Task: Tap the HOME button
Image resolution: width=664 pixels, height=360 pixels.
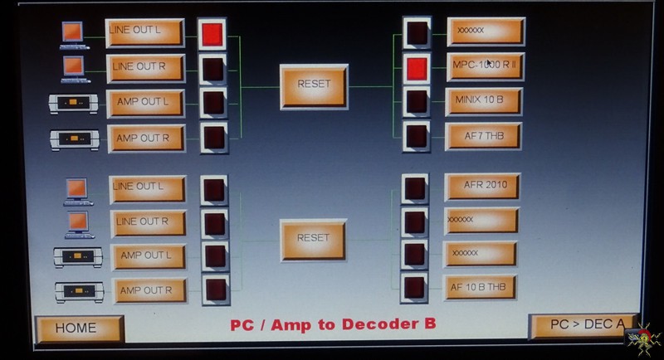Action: (x=79, y=328)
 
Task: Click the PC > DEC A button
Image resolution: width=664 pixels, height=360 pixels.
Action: (x=583, y=325)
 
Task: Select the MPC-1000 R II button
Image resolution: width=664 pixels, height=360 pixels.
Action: (x=486, y=66)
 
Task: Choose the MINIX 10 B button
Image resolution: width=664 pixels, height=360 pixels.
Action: (x=484, y=101)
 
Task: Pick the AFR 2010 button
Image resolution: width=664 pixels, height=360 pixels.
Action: (x=482, y=186)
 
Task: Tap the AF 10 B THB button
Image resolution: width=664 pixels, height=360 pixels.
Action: (x=480, y=288)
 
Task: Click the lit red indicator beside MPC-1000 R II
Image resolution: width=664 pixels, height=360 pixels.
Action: (x=417, y=69)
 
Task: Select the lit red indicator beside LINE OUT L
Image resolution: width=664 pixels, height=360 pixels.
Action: (x=212, y=34)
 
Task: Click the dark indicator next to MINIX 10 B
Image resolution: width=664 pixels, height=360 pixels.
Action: (x=417, y=102)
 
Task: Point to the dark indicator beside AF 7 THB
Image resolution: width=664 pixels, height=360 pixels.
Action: (x=417, y=136)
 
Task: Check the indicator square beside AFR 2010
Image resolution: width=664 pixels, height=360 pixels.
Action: (x=414, y=188)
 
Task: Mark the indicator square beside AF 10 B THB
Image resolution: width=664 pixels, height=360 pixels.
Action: (x=414, y=288)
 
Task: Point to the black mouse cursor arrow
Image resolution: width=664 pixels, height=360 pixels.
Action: (x=489, y=63)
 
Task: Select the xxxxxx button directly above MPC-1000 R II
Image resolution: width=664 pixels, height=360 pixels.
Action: (x=486, y=32)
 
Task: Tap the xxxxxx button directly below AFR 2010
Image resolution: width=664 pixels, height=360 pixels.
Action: (x=481, y=221)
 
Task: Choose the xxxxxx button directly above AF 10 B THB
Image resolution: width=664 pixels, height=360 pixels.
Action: (x=481, y=254)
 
